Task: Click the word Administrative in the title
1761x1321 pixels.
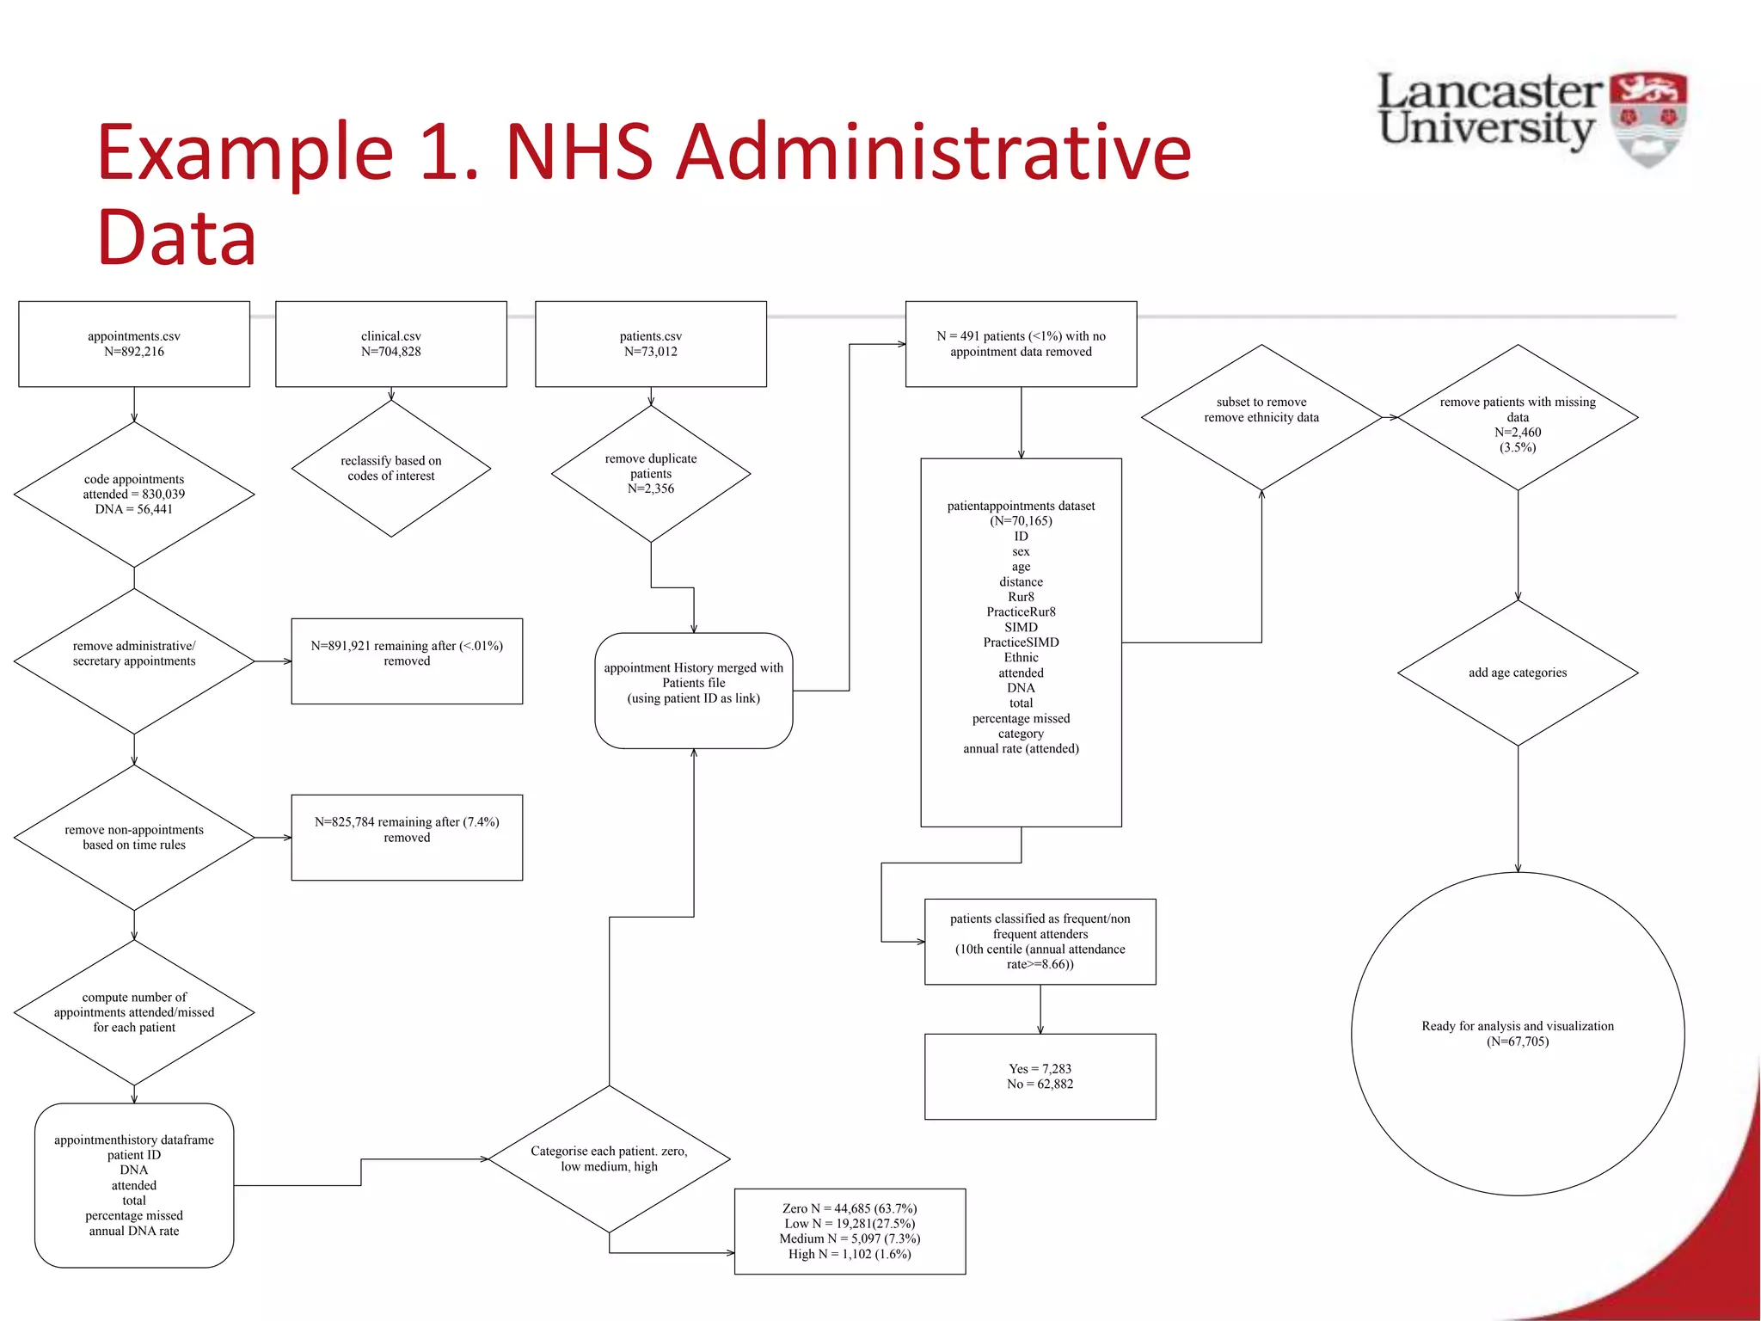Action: coord(932,152)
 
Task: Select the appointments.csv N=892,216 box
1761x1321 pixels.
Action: coord(134,344)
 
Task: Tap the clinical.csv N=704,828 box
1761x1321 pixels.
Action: coord(391,344)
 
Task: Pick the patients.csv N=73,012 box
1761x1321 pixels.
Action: coord(651,344)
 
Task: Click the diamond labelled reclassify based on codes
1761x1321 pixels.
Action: coord(391,469)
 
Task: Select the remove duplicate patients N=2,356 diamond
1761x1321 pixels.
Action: coord(651,474)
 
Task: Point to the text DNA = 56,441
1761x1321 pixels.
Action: coord(134,509)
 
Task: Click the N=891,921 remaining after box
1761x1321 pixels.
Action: coord(407,660)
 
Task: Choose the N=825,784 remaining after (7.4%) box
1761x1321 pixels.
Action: coord(407,837)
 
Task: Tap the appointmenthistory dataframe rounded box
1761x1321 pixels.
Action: coord(134,1185)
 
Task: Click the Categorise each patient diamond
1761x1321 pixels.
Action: coord(609,1158)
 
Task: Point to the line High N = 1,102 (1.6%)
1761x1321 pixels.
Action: coord(850,1254)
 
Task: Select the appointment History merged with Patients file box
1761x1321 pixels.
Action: coord(694,691)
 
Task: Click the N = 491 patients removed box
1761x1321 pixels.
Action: coord(1021,344)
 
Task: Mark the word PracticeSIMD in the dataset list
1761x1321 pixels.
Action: coord(1021,642)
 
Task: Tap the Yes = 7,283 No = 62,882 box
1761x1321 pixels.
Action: coord(1040,1076)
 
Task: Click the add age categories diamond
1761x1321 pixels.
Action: coord(1518,673)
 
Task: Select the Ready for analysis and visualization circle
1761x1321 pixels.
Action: coord(1518,1033)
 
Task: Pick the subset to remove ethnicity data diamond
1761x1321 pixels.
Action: coord(1261,417)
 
